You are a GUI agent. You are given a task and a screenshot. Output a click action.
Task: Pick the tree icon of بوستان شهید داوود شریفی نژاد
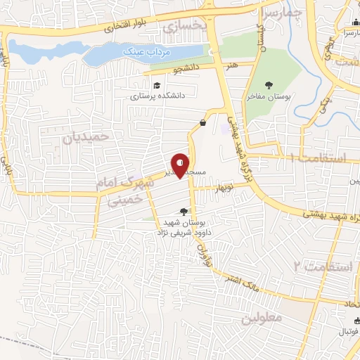(184, 211)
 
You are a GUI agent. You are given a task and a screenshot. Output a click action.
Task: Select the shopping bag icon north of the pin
(202, 122)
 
